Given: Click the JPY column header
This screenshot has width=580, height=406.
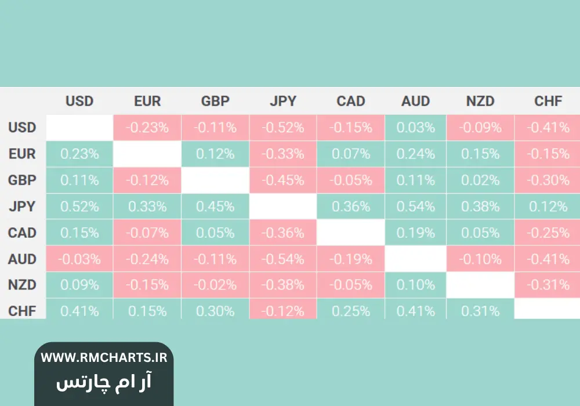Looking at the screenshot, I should (x=283, y=101).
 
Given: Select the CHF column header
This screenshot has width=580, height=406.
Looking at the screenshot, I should (x=548, y=101).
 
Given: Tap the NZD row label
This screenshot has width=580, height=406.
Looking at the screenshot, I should (x=22, y=285).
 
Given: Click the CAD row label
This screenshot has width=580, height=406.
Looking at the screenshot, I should (x=22, y=233).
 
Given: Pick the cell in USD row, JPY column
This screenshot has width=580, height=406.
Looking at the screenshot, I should (x=283, y=127).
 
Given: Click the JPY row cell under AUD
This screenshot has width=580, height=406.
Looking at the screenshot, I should (x=415, y=206).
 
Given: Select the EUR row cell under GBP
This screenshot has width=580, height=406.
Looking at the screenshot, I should (x=215, y=154).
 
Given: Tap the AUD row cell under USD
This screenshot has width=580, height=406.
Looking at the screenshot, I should (x=79, y=259).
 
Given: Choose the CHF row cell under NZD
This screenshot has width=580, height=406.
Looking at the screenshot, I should (x=480, y=310).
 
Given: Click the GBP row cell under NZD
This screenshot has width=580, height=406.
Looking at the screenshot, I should (x=480, y=180).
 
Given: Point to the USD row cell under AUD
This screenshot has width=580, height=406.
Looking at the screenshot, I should (x=415, y=127).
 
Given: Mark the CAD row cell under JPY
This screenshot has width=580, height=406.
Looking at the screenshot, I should (x=283, y=233).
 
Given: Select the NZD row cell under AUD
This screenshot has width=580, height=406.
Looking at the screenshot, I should (x=415, y=285).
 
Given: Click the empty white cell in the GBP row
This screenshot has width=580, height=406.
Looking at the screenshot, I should (x=215, y=180).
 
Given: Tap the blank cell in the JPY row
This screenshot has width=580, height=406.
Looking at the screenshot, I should (x=283, y=206).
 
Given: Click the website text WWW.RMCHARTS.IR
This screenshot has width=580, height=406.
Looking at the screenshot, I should (x=104, y=357).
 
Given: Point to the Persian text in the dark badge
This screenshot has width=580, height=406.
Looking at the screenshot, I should (x=104, y=382).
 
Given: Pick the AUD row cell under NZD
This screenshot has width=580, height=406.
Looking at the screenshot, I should (x=480, y=259).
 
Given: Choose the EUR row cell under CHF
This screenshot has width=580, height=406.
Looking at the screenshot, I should (x=548, y=154).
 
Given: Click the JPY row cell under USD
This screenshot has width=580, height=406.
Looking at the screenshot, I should (x=79, y=206).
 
